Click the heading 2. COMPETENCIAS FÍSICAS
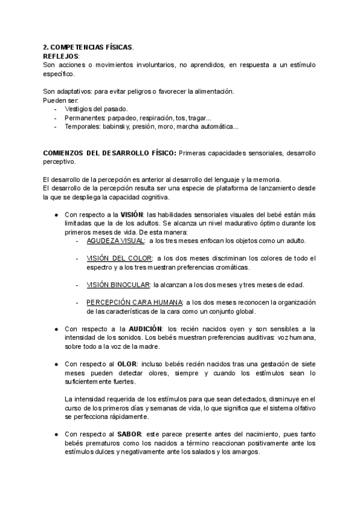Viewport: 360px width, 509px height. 88,47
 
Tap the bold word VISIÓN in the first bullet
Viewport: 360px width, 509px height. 133,215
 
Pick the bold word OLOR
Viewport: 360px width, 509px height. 127,364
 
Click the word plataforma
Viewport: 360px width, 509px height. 227,188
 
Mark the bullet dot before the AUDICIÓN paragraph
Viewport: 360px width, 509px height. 56,330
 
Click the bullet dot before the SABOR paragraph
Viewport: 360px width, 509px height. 56,434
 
